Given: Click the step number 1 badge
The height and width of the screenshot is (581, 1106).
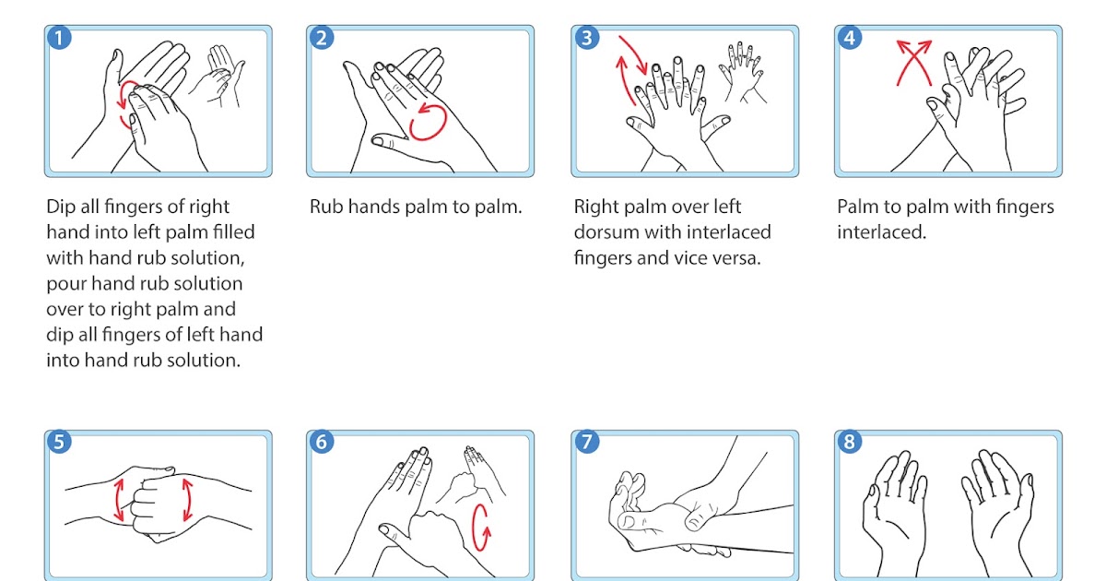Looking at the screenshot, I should click(58, 38).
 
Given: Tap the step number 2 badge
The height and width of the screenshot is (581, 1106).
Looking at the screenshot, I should click(321, 38).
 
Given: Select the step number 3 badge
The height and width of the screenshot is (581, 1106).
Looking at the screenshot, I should click(585, 38).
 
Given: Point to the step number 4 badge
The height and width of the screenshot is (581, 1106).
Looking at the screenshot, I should click(849, 38).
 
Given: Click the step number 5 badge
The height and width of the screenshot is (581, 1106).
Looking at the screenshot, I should click(58, 442).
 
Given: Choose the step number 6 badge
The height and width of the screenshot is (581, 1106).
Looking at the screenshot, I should click(321, 442).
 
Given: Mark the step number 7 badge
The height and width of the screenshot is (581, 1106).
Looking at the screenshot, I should click(585, 442).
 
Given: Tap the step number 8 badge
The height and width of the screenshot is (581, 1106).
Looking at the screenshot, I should click(849, 442).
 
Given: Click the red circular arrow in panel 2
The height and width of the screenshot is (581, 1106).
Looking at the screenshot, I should click(429, 122).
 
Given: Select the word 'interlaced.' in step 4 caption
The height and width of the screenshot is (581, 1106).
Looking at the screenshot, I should click(881, 232).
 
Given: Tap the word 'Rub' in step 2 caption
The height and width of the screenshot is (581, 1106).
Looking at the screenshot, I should click(326, 207).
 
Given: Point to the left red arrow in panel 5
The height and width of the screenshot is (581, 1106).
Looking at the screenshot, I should click(119, 500).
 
